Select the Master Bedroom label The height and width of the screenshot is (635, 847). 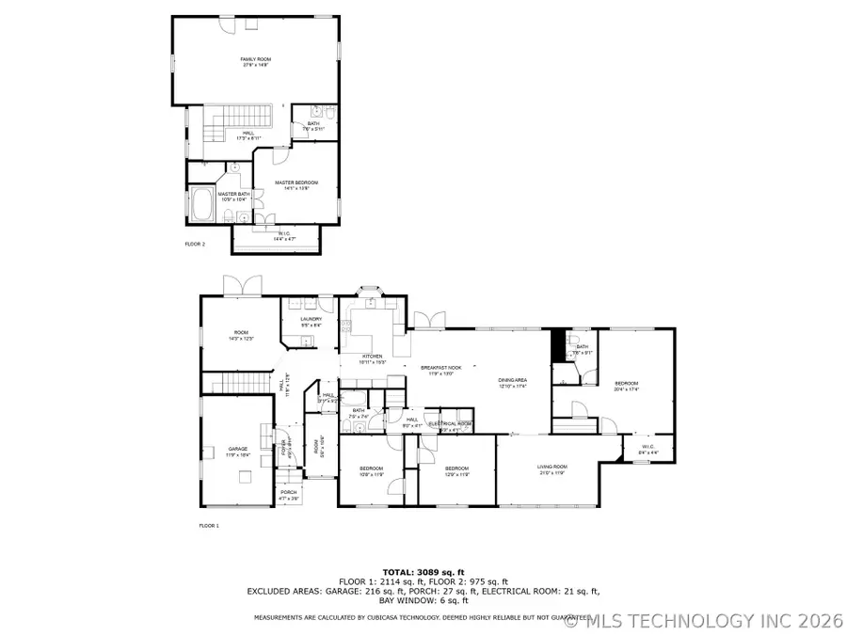click(296, 184)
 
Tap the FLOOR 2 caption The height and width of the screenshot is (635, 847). click(195, 244)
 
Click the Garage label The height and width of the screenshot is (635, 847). click(237, 451)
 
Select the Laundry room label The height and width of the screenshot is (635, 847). click(312, 321)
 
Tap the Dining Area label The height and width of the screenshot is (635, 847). click(513, 382)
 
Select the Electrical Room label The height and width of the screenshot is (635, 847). click(450, 424)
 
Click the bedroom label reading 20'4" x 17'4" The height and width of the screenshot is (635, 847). click(627, 385)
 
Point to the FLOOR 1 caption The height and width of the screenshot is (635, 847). click(209, 525)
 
